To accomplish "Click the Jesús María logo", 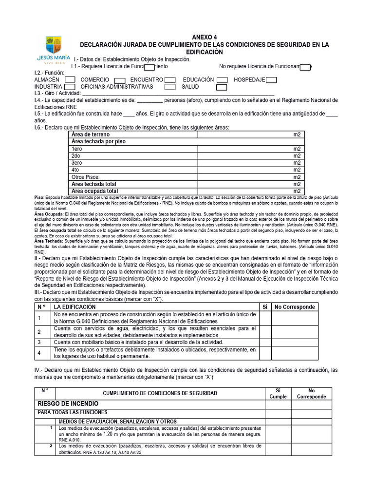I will [54, 50].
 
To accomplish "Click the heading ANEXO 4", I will [205, 37].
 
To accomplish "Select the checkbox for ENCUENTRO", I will [170, 80].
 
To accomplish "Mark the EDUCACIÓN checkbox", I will [222, 80].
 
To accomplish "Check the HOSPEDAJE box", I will [272, 80].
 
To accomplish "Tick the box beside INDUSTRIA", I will [70, 88].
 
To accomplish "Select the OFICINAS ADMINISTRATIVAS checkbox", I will [170, 88].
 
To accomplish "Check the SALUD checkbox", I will [222, 88].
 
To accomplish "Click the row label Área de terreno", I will [91, 134].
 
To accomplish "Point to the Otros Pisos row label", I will [85, 177].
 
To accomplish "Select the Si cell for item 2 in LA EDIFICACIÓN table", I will [265, 332].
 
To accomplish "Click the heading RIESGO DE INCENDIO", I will [68, 404].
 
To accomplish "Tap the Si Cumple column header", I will [278, 393].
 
